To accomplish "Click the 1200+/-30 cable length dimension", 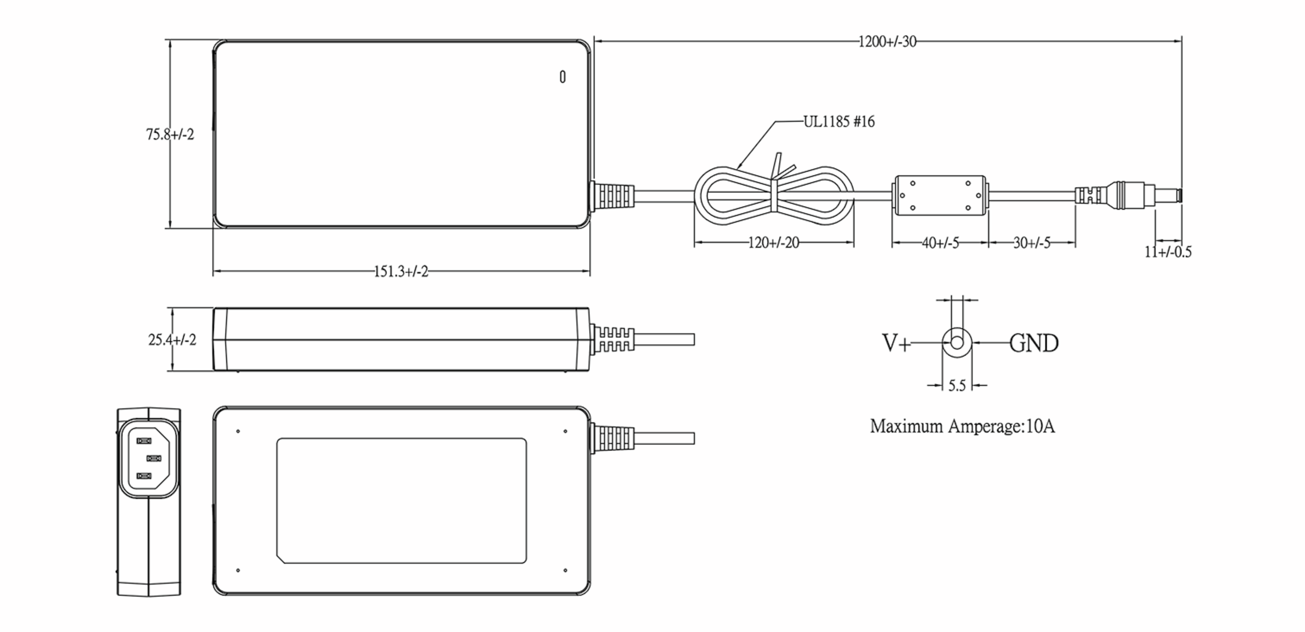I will (887, 42).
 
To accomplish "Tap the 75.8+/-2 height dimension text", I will (170, 134).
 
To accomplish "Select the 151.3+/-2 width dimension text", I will (401, 271).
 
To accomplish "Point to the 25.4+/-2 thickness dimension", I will (172, 340).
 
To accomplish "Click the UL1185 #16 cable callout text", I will (839, 122).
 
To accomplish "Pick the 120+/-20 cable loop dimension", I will (773, 243).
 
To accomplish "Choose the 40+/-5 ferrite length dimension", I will (940, 243).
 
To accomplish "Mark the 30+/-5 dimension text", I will (1031, 243).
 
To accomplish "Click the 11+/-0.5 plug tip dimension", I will (1167, 252).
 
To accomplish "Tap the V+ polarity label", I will (895, 343).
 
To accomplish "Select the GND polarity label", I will (1034, 343).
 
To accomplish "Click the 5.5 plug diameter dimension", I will (956, 386).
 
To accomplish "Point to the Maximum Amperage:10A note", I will (962, 426).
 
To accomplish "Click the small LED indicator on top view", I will (562, 77).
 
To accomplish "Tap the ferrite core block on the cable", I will (940, 196).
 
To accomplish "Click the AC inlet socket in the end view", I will (148, 459).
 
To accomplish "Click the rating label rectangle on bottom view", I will (401, 500).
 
